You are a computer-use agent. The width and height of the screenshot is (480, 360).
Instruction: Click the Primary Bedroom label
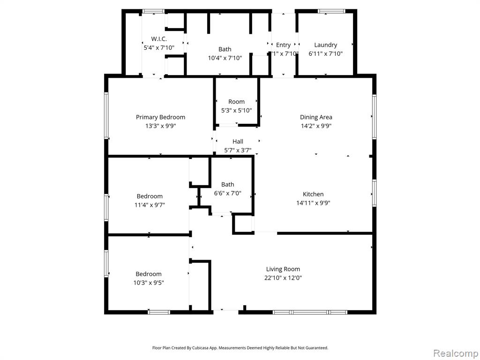(x=160, y=117)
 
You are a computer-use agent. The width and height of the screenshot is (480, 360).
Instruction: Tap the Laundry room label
(x=325, y=45)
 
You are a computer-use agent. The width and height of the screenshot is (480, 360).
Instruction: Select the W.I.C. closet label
(x=159, y=39)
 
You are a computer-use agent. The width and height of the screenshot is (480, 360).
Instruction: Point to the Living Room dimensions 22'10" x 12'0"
(x=283, y=278)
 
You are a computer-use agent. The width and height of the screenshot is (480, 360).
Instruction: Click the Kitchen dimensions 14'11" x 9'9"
(x=313, y=202)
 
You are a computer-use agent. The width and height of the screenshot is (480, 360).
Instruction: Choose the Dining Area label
(x=316, y=117)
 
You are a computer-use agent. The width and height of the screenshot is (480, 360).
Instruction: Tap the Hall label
(x=238, y=142)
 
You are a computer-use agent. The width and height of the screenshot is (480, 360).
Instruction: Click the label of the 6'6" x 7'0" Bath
(x=227, y=184)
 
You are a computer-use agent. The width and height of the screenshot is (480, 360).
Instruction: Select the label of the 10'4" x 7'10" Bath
(x=225, y=49)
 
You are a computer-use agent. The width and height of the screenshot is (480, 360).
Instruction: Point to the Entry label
(x=283, y=45)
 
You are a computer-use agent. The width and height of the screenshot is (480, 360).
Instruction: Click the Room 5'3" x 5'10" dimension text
(x=236, y=110)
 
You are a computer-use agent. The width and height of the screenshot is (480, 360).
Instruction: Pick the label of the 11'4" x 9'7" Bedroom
(x=150, y=196)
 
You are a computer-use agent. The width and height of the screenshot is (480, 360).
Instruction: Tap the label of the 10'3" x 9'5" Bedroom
(x=149, y=274)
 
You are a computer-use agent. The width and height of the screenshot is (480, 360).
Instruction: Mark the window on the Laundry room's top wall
(x=331, y=11)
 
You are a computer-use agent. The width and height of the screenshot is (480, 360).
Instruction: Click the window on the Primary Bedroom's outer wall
(x=106, y=115)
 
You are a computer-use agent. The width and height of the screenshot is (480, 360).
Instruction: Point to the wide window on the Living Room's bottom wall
(x=310, y=312)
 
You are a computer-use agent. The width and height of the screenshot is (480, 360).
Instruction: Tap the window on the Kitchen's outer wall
(x=374, y=193)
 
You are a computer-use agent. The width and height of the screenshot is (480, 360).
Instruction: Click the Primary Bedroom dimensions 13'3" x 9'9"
(x=161, y=126)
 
